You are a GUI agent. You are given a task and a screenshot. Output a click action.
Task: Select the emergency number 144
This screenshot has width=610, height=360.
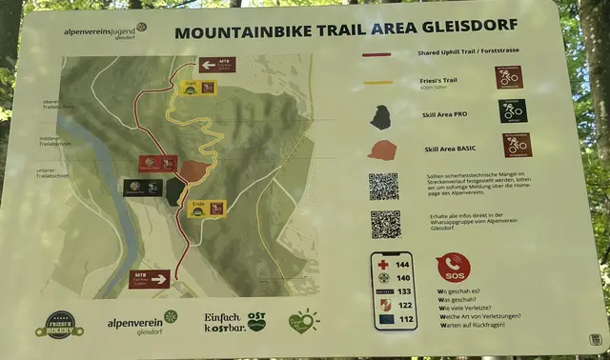[x=403, y=263]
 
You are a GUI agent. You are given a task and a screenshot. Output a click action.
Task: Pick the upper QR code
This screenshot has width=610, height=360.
[x=383, y=186]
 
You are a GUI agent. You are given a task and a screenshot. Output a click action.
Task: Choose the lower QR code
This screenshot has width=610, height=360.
[x=385, y=224]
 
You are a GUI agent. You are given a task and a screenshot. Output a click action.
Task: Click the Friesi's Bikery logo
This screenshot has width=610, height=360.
[x=59, y=324]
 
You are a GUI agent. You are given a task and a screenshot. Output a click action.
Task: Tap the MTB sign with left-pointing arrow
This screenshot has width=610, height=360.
[x=217, y=66]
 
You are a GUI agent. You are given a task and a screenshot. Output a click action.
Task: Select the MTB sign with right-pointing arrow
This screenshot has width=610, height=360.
[x=150, y=278]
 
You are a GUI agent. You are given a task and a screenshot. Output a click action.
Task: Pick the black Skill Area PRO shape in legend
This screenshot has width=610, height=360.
[x=380, y=117]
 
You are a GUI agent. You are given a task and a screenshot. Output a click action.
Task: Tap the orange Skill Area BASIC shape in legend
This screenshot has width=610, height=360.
[x=381, y=150]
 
